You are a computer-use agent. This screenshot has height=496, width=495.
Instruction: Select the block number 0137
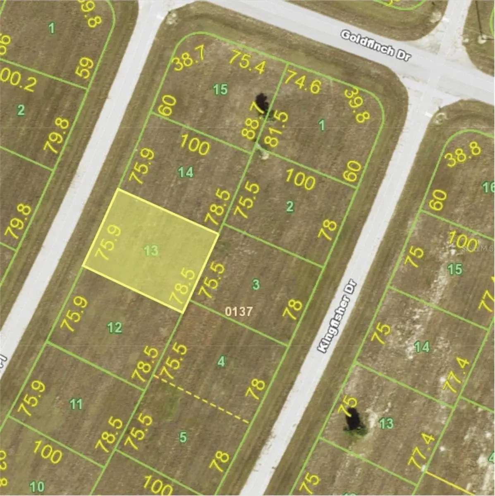click(238, 311)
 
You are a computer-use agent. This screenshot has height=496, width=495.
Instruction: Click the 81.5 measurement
click(276, 129)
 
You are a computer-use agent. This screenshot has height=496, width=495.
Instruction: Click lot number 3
click(256, 284)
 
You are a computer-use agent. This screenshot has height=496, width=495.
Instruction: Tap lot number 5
click(183, 437)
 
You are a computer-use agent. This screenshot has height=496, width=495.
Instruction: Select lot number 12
click(115, 328)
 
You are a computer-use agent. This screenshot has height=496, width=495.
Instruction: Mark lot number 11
click(76, 403)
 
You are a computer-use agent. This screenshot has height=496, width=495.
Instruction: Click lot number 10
click(37, 485)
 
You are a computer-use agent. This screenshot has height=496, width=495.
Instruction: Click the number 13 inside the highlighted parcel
click(151, 250)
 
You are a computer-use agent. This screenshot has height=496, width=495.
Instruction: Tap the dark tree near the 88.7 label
click(262, 103)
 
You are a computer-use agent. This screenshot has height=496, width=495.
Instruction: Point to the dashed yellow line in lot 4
click(203, 399)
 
